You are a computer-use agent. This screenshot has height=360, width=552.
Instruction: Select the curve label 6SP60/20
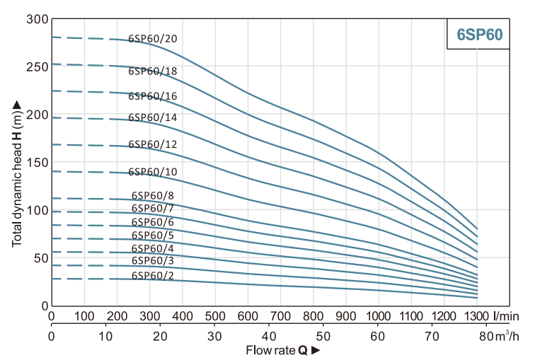tap(152, 38)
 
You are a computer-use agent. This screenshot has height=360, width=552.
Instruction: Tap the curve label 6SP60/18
tap(152, 71)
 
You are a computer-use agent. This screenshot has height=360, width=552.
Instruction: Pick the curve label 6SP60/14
tap(152, 117)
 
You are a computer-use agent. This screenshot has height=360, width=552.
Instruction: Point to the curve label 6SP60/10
tap(152, 172)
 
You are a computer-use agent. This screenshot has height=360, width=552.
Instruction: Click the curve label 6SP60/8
tap(152, 196)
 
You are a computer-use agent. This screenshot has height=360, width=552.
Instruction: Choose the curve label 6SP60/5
tap(152, 235)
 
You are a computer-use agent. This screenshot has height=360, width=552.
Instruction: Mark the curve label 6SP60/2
tap(152, 275)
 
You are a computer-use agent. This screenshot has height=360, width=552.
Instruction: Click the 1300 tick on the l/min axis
tap(477, 315)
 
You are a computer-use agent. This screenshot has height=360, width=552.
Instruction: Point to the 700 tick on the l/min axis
tap(281, 315)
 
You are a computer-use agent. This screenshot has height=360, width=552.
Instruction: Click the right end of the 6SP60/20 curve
tap(478, 228)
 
